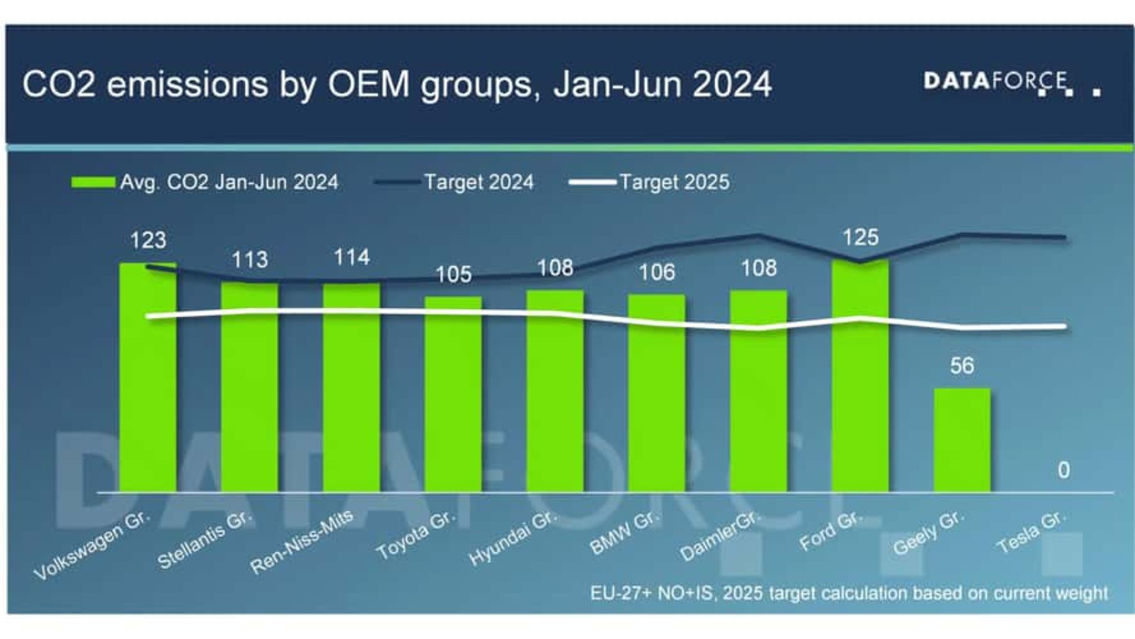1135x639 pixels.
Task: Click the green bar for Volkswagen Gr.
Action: [x=148, y=379]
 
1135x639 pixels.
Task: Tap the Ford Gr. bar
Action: [x=860, y=376]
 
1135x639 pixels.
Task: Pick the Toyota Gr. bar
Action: [x=453, y=394]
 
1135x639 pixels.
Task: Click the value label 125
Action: [x=860, y=238]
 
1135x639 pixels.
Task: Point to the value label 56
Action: [x=962, y=366]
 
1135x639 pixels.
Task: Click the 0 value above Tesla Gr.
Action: [x=1063, y=470]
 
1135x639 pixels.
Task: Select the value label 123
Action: [x=148, y=240]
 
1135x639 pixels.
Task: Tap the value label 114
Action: [x=352, y=257]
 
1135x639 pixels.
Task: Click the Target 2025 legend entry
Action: [x=649, y=182]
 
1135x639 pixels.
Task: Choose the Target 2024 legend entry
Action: [x=454, y=182]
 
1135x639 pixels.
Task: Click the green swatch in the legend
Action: [x=93, y=182]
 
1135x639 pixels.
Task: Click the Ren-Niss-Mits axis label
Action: [x=301, y=542]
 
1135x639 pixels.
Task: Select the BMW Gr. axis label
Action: [x=624, y=533]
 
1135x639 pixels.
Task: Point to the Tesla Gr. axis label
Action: [x=1032, y=532]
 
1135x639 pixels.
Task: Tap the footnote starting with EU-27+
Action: [x=848, y=593]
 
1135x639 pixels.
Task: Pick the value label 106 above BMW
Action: [x=657, y=273]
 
